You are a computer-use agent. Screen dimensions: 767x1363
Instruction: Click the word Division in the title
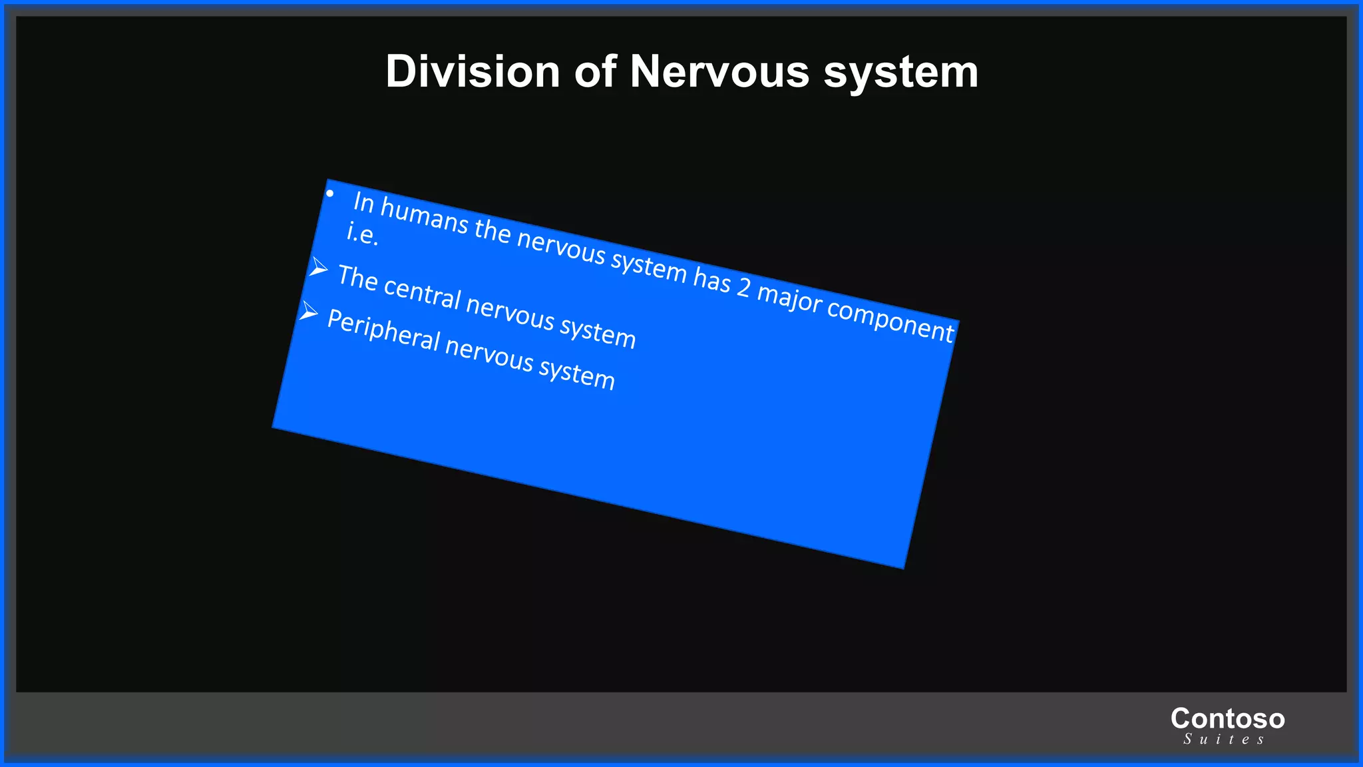(x=473, y=71)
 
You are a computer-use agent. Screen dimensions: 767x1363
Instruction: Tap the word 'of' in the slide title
(x=595, y=71)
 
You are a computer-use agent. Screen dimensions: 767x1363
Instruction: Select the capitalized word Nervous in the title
(x=719, y=71)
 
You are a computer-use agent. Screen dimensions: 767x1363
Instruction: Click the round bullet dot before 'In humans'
(x=329, y=194)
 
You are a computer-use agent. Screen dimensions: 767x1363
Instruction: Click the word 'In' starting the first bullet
(x=363, y=202)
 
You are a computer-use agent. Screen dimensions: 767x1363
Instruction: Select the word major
(x=789, y=300)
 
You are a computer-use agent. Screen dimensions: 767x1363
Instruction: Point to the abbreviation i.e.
(x=363, y=234)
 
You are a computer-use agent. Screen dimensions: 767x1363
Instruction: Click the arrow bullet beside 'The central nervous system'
(x=319, y=268)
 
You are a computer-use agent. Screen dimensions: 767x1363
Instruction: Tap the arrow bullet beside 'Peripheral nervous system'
(x=309, y=311)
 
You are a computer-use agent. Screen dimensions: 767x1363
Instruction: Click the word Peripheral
(x=383, y=330)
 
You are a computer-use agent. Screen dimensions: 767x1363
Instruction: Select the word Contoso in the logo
(x=1227, y=718)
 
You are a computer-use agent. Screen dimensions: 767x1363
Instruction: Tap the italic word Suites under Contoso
(x=1223, y=739)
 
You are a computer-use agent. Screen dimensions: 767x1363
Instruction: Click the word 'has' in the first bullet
(x=711, y=280)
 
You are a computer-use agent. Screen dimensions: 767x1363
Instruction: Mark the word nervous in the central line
(x=510, y=312)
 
